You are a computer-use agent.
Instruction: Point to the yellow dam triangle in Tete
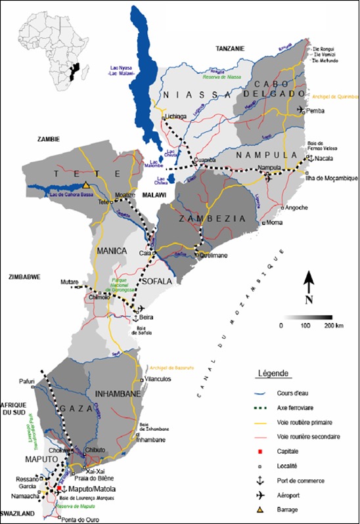[x=86, y=185]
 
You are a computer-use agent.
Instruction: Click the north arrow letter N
[x=308, y=300]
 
